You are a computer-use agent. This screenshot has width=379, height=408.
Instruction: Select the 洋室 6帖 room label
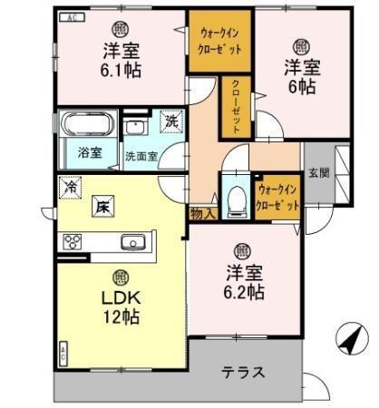point(299,75)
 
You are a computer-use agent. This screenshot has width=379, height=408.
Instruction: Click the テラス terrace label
point(242,372)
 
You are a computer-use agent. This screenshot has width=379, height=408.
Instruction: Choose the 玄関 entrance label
point(316,171)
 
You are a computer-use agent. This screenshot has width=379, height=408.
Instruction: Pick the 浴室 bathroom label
point(89,152)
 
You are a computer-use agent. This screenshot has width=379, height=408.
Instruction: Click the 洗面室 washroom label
point(141,155)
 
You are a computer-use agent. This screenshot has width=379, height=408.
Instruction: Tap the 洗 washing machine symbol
point(170,119)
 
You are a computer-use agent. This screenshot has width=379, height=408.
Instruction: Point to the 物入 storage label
point(202,214)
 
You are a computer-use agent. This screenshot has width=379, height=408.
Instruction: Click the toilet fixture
point(235,198)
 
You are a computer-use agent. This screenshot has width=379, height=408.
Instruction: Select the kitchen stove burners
point(72,242)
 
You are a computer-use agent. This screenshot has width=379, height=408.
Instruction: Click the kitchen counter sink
point(132,242)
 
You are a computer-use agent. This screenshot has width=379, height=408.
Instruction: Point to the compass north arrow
point(349,343)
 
